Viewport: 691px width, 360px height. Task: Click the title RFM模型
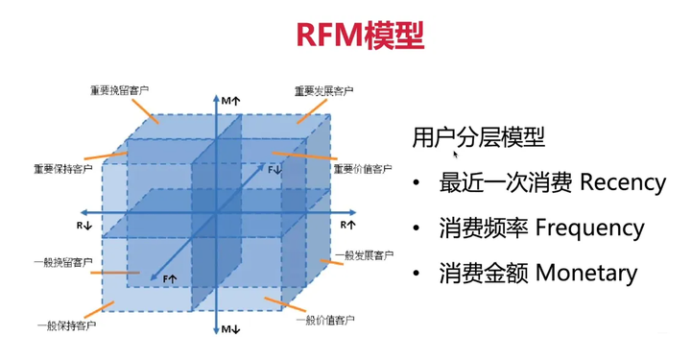(x=345, y=36)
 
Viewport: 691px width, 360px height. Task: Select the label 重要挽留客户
(x=121, y=91)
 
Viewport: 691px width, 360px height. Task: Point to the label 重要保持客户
(x=63, y=169)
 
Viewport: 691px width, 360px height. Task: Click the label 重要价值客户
(x=363, y=169)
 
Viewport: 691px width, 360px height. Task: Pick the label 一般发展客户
(x=363, y=255)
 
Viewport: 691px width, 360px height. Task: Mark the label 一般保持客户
(x=65, y=326)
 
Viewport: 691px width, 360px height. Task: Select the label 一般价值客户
(x=322, y=320)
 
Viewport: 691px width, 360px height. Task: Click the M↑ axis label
(x=230, y=101)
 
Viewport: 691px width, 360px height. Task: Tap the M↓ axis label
(x=230, y=330)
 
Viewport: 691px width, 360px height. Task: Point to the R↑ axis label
(x=347, y=224)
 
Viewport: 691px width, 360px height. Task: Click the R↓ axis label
(x=84, y=225)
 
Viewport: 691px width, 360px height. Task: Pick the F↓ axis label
(x=275, y=169)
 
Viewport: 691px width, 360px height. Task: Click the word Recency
(x=622, y=182)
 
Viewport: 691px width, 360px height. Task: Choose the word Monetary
(x=586, y=273)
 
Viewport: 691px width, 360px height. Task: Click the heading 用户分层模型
(x=478, y=137)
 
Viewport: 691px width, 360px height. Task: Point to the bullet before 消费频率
(x=417, y=229)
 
